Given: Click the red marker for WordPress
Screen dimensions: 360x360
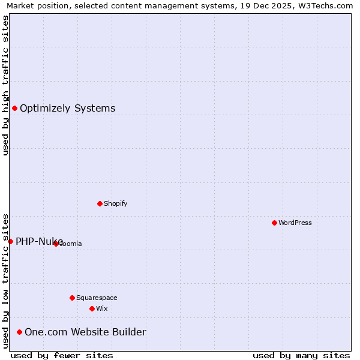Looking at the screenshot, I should pos(274,223).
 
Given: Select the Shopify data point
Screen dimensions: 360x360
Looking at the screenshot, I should pos(100,203).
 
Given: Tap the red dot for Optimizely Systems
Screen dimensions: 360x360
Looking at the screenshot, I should pos(14,108).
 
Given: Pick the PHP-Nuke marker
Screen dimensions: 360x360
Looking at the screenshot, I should pos(10,241).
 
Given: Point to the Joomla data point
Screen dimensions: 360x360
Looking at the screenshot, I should pos(56,244).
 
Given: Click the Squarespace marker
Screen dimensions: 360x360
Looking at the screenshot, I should pos(72,298).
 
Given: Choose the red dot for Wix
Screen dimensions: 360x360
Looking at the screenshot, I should pos(92,308).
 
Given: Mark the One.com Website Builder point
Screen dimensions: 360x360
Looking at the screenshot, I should pos(19,332).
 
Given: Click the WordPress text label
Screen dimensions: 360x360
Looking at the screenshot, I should pos(295,223).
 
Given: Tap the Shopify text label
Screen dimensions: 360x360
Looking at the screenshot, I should pos(116,203).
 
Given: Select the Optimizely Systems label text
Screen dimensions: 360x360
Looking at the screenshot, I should pos(68,108).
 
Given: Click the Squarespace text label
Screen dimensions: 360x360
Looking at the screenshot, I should pos(97,298).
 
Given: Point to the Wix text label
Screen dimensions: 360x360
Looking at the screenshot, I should pos(101,308).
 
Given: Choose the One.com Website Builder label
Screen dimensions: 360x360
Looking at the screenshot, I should pos(85,332).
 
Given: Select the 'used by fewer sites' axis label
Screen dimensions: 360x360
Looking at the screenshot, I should pos(62,355).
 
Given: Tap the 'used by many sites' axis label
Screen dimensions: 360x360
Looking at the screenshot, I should pos(301,355).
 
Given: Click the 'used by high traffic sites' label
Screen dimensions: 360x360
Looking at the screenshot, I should pos(5,85).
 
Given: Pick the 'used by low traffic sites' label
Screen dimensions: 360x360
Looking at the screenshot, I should pos(5,281).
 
